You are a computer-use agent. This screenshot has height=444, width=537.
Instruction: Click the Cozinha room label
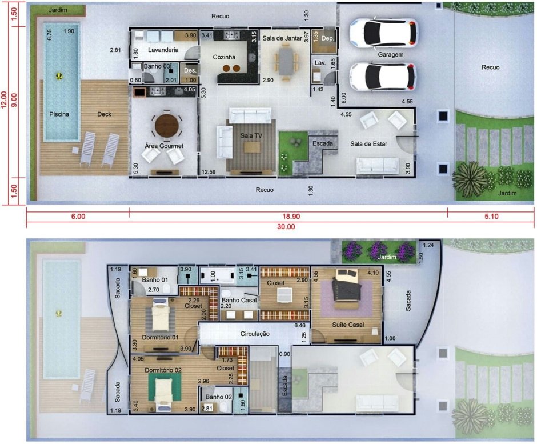tap(224, 57)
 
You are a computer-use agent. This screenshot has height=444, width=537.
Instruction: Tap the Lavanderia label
tap(163, 50)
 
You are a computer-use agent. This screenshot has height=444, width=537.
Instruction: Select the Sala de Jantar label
tap(282, 38)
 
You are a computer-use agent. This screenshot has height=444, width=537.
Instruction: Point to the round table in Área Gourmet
tap(167, 126)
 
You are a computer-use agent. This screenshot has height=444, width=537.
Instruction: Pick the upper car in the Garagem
tap(383, 33)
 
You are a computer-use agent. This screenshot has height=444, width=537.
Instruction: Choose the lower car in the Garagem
tap(383, 77)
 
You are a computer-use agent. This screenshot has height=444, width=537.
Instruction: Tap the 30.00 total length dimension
tap(286, 226)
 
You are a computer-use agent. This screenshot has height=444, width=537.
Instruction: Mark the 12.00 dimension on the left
tap(4, 99)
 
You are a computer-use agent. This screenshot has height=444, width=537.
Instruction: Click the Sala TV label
tap(251, 135)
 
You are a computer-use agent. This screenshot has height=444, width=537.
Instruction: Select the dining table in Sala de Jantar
tap(286, 61)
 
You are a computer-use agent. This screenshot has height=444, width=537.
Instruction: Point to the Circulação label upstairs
tap(255, 334)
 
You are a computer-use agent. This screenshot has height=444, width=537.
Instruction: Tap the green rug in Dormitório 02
tap(165, 387)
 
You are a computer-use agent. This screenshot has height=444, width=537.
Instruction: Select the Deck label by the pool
tap(104, 114)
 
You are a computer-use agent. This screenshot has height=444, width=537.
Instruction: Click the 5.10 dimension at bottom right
tap(491, 216)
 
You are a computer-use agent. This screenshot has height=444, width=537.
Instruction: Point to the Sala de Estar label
tap(368, 144)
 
